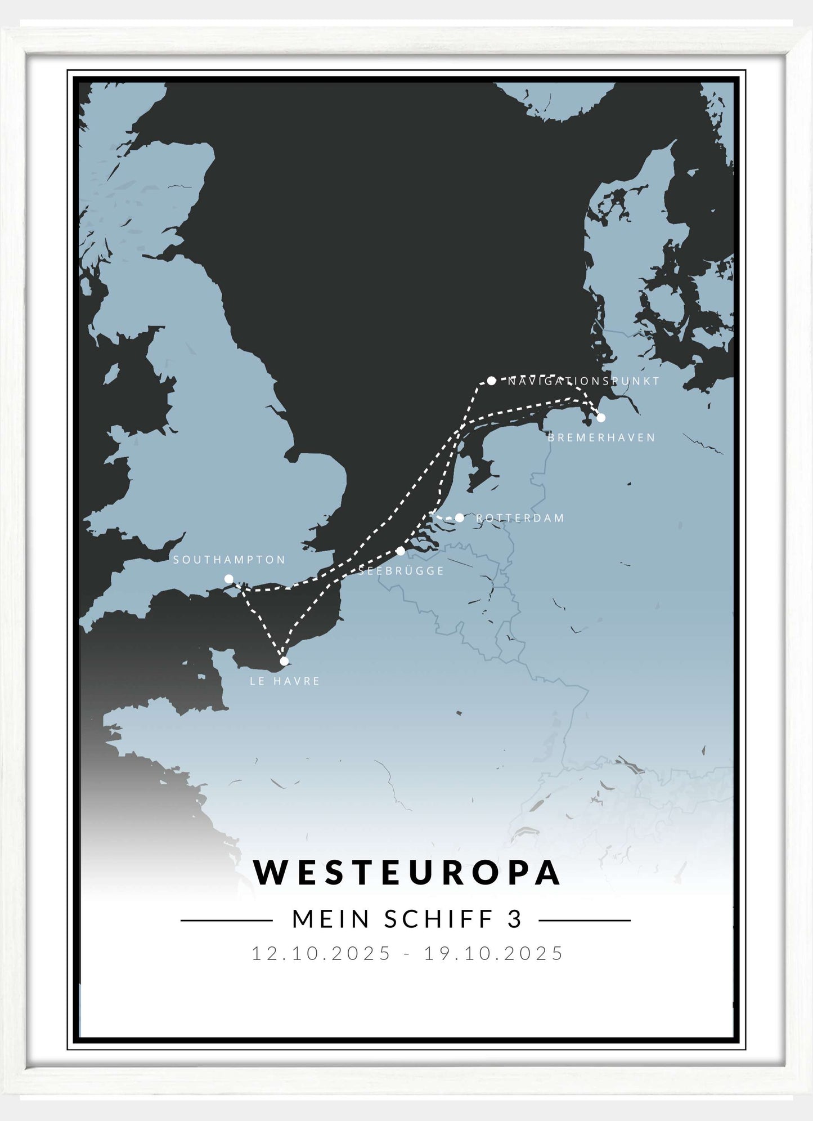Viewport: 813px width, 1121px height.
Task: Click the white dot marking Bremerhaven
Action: pos(601,417)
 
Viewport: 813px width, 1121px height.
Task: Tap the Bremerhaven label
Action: pos(601,437)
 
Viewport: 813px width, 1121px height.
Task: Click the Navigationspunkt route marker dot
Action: pos(491,381)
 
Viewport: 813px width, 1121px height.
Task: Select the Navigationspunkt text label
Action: pos(583,381)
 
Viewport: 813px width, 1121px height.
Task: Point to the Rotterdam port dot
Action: pos(460,517)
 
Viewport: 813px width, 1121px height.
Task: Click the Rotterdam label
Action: pos(520,518)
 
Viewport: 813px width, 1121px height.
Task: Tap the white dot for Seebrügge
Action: pos(401,551)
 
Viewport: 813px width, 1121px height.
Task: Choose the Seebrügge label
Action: pos(401,571)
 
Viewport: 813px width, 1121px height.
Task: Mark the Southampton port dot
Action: pos(228,579)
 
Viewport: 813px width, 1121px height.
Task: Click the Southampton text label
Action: pos(229,560)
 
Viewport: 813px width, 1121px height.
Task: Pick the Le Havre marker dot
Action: pos(284,661)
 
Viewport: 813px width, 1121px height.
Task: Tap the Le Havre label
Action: pos(285,681)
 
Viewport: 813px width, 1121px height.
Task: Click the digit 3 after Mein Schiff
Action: pos(515,919)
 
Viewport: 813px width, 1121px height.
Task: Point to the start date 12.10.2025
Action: pos(321,953)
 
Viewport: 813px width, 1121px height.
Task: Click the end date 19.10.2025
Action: pos(493,953)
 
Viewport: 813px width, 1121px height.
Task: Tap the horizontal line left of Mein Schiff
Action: pos(226,921)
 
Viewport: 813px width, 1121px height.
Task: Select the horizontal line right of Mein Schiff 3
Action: pos(585,921)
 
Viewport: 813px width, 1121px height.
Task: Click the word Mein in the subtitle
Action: pos(331,919)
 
